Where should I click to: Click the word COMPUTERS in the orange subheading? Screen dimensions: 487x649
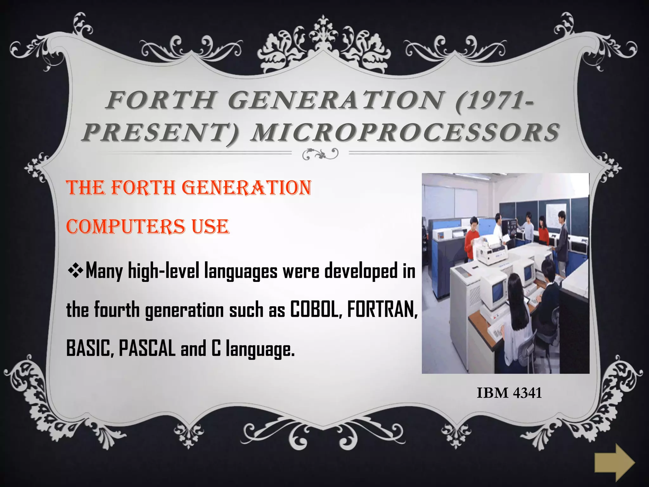[125, 227]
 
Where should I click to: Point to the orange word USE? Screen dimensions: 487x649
[210, 227]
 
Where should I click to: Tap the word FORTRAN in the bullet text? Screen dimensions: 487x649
[382, 309]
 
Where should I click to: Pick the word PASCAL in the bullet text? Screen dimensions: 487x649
[147, 348]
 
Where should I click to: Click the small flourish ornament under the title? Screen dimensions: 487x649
[320, 154]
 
